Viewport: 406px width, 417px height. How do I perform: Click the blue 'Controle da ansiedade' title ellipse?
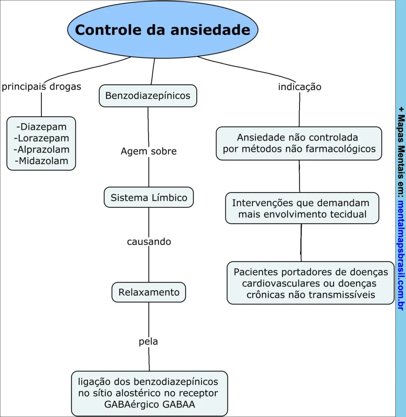(163, 30)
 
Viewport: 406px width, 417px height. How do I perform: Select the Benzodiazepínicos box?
(148, 96)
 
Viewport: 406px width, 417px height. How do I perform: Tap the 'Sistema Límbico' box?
(149, 198)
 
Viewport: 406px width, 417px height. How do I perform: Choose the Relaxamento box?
(149, 292)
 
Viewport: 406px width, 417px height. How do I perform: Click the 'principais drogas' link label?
(41, 87)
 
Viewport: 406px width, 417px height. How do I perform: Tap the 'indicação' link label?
(300, 87)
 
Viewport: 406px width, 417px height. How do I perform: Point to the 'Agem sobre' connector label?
(148, 151)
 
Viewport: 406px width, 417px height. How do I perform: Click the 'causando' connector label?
(149, 241)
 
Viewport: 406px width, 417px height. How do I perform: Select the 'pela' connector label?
(148, 342)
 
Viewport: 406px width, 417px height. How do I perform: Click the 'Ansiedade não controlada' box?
(299, 143)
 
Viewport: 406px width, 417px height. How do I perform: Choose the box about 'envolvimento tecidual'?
(302, 208)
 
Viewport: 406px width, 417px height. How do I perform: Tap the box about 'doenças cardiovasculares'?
(311, 283)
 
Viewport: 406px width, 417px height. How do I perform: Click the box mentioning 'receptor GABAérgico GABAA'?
(149, 393)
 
